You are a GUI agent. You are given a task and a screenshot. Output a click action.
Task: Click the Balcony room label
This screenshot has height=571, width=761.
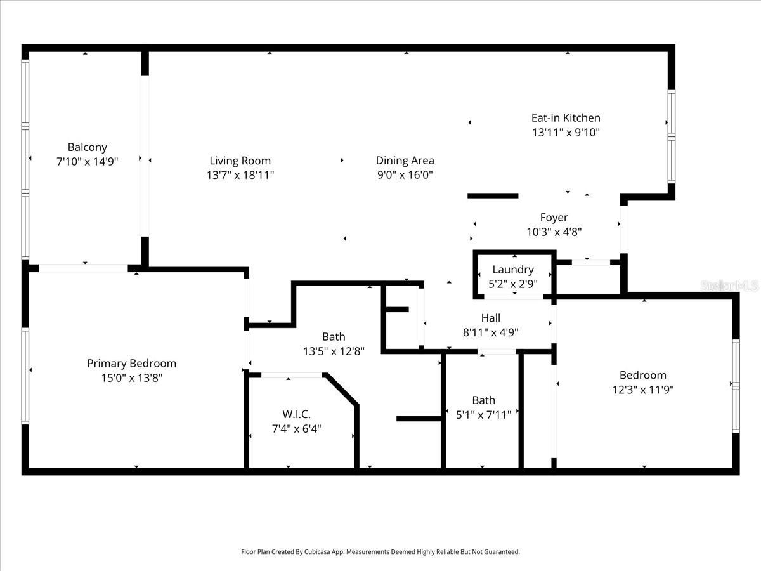88,147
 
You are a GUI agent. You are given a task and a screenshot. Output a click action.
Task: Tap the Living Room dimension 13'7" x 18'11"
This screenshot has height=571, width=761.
240,174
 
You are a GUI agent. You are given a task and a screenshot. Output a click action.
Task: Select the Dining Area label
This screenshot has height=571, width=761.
405,161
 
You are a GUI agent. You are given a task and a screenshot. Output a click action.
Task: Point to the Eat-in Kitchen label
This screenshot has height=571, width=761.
565,117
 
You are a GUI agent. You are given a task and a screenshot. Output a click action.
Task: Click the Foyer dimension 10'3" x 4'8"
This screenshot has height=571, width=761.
554,232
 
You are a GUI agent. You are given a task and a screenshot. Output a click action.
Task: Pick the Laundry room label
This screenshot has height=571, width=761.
512,270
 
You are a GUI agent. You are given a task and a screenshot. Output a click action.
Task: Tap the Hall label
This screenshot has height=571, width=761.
490,318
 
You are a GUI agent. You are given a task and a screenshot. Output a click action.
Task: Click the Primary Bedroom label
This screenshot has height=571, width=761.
131,364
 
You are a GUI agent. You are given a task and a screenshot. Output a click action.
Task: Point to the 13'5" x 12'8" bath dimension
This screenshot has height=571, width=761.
334,351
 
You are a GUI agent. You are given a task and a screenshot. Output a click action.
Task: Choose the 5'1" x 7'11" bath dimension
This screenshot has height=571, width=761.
483,415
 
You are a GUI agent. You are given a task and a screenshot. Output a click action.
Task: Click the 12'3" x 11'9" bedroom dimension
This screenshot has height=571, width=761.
642,390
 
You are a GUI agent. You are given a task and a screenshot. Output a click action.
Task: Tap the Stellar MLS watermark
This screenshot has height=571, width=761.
729,286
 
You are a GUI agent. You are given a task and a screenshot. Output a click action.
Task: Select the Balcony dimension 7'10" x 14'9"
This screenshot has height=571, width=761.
88,162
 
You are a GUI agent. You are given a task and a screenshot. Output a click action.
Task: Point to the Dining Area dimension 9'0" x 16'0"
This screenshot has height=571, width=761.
405,175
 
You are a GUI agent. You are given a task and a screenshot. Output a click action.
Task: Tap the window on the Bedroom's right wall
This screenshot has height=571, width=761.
736,385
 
